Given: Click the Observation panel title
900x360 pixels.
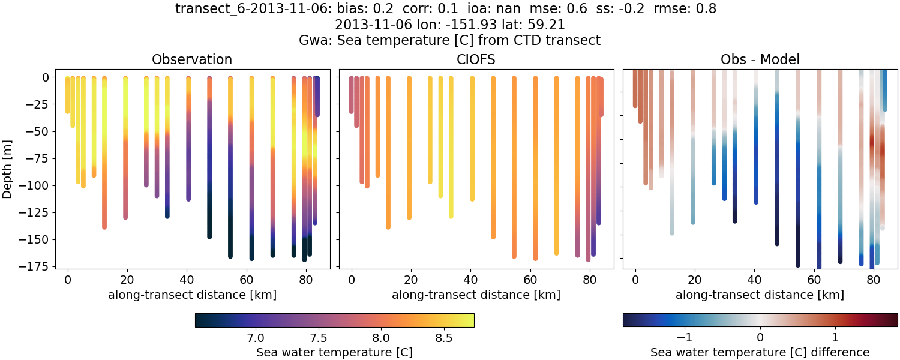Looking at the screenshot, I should click(x=192, y=59).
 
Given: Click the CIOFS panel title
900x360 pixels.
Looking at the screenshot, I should click(x=476, y=59).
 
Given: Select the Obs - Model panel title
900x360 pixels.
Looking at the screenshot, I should click(x=760, y=59).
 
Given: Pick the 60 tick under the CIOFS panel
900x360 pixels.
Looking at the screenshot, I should click(x=530, y=279).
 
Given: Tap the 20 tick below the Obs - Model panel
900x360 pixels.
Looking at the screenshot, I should click(x=695, y=279).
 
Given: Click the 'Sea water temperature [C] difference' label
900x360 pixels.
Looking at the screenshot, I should click(x=760, y=352).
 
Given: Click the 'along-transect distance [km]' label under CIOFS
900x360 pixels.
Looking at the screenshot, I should click(x=476, y=295).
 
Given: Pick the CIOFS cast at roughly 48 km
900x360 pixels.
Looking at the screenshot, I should click(x=493, y=156).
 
